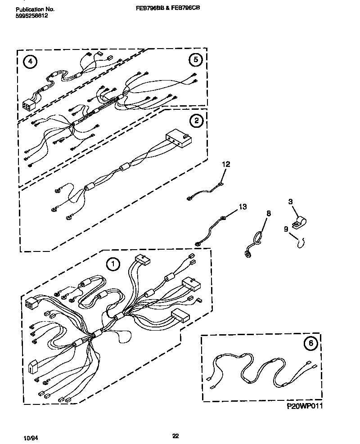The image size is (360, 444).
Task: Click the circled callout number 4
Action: (x=30, y=62)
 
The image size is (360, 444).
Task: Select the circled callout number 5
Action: (x=195, y=59)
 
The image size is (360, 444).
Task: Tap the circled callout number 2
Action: (x=196, y=120)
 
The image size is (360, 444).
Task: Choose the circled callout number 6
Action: (x=310, y=344)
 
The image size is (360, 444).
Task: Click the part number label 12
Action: (x=225, y=165)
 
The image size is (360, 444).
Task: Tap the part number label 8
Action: (x=269, y=213)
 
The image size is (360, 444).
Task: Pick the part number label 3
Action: (x=291, y=202)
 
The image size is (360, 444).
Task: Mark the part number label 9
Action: (x=286, y=229)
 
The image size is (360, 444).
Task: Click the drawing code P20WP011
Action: (x=305, y=406)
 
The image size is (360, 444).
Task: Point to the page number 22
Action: (x=176, y=435)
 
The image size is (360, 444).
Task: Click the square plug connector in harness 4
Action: (x=28, y=105)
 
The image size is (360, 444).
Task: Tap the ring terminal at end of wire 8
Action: (x=247, y=255)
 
